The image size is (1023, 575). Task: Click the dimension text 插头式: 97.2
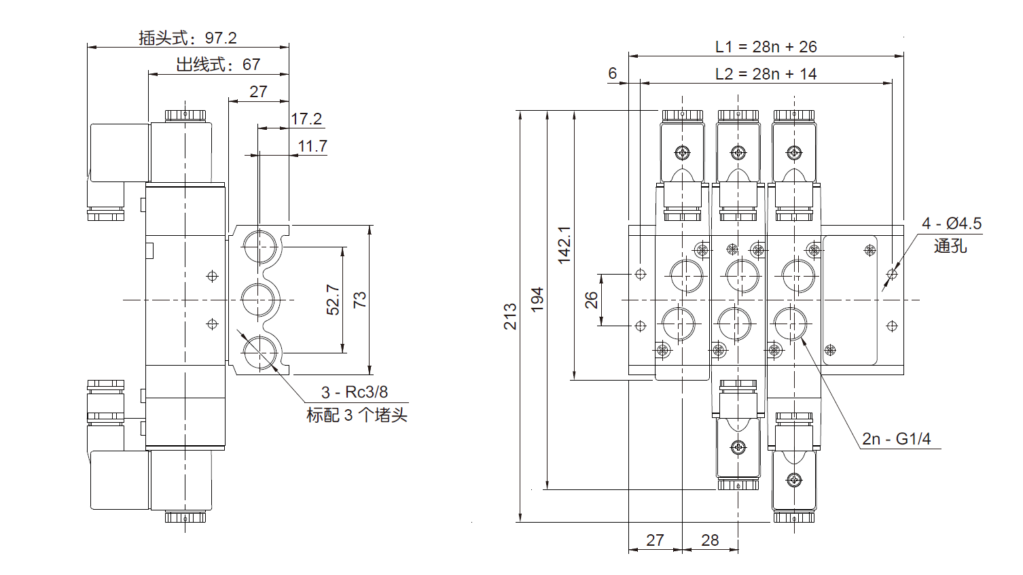(187, 38)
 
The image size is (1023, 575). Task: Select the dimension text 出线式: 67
(218, 65)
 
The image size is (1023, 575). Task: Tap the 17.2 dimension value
(306, 119)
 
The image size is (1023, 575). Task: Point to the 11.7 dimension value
(312, 146)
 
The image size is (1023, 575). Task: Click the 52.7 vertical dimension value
(333, 300)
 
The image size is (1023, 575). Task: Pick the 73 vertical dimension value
(359, 300)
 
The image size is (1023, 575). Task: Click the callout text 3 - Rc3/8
(355, 392)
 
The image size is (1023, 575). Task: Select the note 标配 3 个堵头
(357, 415)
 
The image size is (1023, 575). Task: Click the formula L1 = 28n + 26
(766, 47)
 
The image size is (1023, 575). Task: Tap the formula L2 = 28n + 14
(766, 74)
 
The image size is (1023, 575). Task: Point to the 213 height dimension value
(510, 317)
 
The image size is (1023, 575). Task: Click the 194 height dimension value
(537, 300)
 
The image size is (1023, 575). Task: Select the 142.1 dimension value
(564, 245)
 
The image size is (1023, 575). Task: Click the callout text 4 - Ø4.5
(952, 224)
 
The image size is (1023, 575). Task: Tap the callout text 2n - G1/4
(897, 439)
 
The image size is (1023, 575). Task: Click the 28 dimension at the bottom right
(710, 540)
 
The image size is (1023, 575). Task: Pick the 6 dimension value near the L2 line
(613, 73)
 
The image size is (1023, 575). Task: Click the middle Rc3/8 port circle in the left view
(259, 300)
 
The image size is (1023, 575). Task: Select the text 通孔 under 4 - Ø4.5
(950, 246)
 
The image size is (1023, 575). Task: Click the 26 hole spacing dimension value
(592, 300)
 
